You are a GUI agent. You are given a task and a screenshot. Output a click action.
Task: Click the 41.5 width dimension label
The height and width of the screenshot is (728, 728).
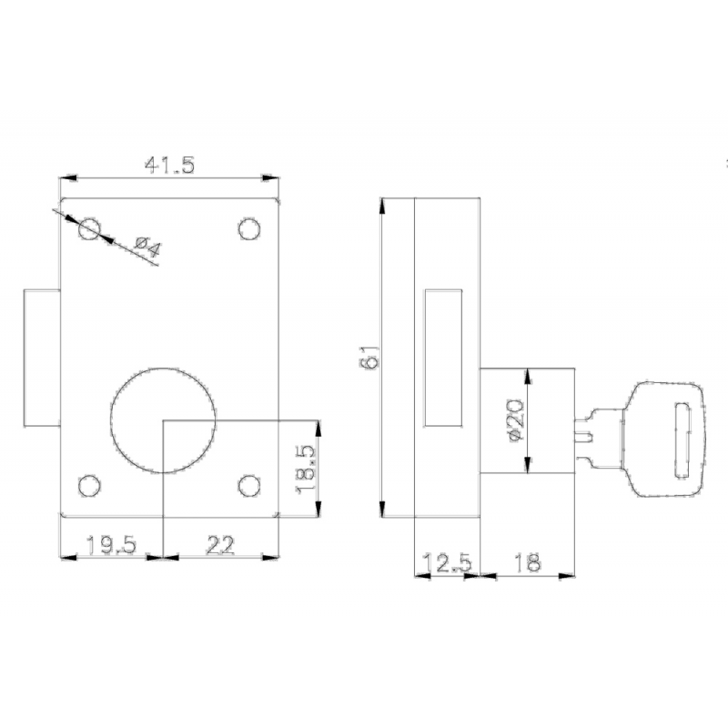pyautogui.click(x=169, y=166)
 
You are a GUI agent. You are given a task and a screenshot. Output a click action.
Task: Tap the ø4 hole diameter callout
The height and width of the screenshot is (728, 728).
pyautogui.click(x=148, y=247)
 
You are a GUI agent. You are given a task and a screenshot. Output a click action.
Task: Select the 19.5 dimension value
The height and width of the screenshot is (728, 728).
pyautogui.click(x=111, y=544)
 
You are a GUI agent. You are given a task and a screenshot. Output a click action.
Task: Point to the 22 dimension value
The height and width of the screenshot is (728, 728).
pyautogui.click(x=220, y=544)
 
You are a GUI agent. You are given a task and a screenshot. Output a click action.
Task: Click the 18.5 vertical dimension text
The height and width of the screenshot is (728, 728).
pyautogui.click(x=305, y=470)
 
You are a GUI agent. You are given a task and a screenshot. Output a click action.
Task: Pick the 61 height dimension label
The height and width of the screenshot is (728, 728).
pyautogui.click(x=369, y=357)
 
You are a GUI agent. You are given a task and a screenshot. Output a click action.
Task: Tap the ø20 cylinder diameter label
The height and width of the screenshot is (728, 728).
pyautogui.click(x=516, y=420)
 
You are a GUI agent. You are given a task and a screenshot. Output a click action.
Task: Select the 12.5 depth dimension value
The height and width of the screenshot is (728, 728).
pyautogui.click(x=447, y=563)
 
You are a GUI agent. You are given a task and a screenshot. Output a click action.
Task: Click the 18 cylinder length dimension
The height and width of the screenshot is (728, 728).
pyautogui.click(x=528, y=562)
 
